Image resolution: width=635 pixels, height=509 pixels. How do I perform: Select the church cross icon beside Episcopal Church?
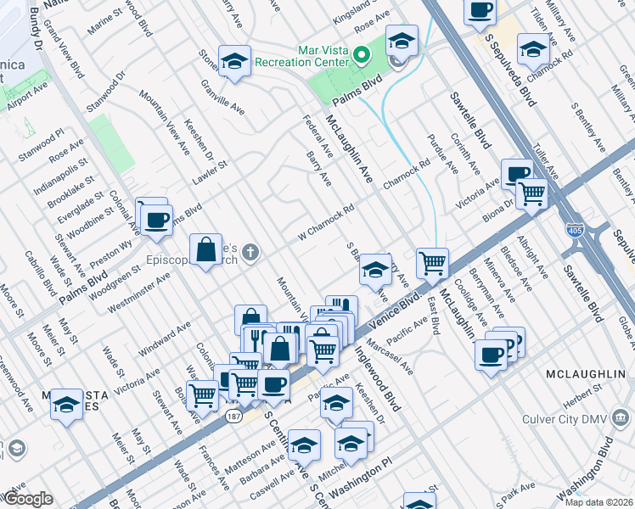[x=250, y=251]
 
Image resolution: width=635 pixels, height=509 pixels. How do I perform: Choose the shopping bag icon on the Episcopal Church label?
[x=205, y=249]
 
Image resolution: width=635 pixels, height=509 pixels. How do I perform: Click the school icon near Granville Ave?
[x=234, y=61]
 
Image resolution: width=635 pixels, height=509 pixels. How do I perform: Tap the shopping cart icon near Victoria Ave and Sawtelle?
[x=532, y=193]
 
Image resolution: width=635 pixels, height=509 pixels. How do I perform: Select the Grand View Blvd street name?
[x=63, y=54]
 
